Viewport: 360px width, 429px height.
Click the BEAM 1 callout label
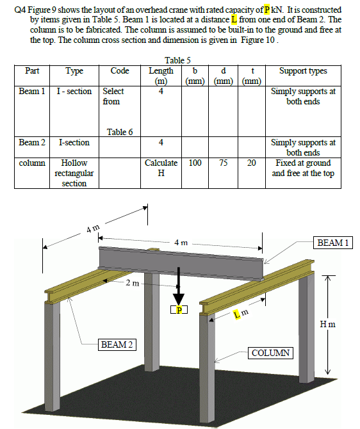[332, 243]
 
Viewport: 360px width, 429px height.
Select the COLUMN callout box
[270, 353]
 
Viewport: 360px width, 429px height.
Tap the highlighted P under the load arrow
[179, 310]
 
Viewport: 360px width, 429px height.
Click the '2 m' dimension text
[132, 282]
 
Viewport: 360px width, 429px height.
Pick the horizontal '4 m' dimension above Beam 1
[180, 243]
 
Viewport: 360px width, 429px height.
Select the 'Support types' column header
[303, 71]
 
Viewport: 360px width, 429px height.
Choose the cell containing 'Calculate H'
[161, 168]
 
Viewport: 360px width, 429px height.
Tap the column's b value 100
[195, 163]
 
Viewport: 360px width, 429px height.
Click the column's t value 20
[252, 163]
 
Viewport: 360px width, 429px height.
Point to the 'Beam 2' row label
[32, 142]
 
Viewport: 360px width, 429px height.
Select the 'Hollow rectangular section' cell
[74, 173]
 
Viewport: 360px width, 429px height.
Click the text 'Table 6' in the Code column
[120, 132]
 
